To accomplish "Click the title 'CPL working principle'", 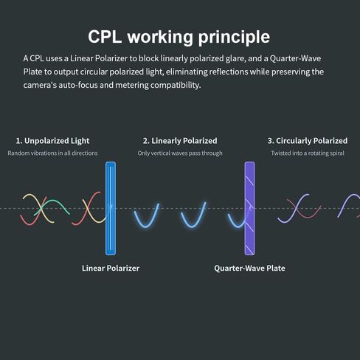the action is coord(179,37).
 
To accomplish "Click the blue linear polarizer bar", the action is coord(111,209).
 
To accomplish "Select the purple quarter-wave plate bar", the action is coord(249,209).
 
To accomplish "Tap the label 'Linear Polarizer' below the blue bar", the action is coord(111,268).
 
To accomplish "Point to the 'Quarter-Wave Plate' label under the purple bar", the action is coord(249,268).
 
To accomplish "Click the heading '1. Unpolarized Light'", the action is coord(52,141).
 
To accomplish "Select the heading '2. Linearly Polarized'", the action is coord(180,141).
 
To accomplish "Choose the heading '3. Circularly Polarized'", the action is coord(308,141).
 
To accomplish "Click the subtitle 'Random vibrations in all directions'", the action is coord(52,153).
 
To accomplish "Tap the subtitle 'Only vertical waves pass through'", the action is coord(180,153).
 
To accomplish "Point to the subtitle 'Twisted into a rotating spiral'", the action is coord(308,153).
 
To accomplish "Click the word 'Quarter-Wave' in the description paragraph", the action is coord(295,58).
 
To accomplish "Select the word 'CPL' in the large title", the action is coord(105,37).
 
